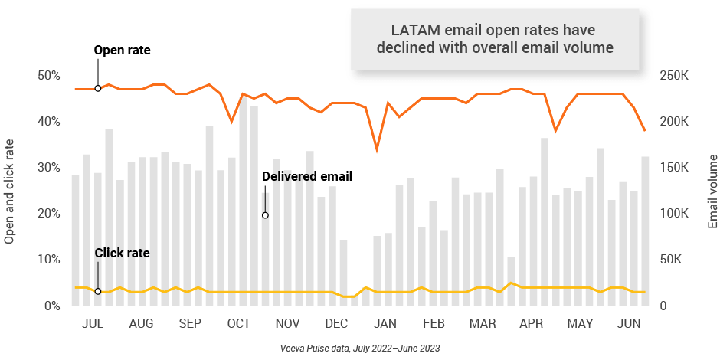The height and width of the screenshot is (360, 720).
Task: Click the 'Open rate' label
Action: pos(122,51)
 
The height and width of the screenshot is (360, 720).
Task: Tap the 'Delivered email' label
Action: pos(306,176)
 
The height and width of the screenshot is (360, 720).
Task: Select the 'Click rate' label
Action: pos(122,253)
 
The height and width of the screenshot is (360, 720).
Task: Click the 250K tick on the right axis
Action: pos(675,76)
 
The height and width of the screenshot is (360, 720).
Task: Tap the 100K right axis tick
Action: pos(675,214)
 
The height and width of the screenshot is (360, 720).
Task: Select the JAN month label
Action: pos(385,324)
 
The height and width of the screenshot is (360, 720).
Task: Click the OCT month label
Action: pos(239,324)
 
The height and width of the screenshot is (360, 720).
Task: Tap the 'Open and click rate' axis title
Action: pos(10,191)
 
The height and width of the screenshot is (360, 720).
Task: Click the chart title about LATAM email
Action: pos(493,38)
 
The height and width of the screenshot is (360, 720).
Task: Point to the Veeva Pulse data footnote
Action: pos(359,348)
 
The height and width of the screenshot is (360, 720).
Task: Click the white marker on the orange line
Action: pos(98,88)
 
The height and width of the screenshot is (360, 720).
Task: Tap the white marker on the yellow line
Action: pos(98,291)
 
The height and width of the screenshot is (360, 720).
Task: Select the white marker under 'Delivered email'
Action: pos(265,215)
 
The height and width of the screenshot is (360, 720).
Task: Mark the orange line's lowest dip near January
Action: pos(376,149)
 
